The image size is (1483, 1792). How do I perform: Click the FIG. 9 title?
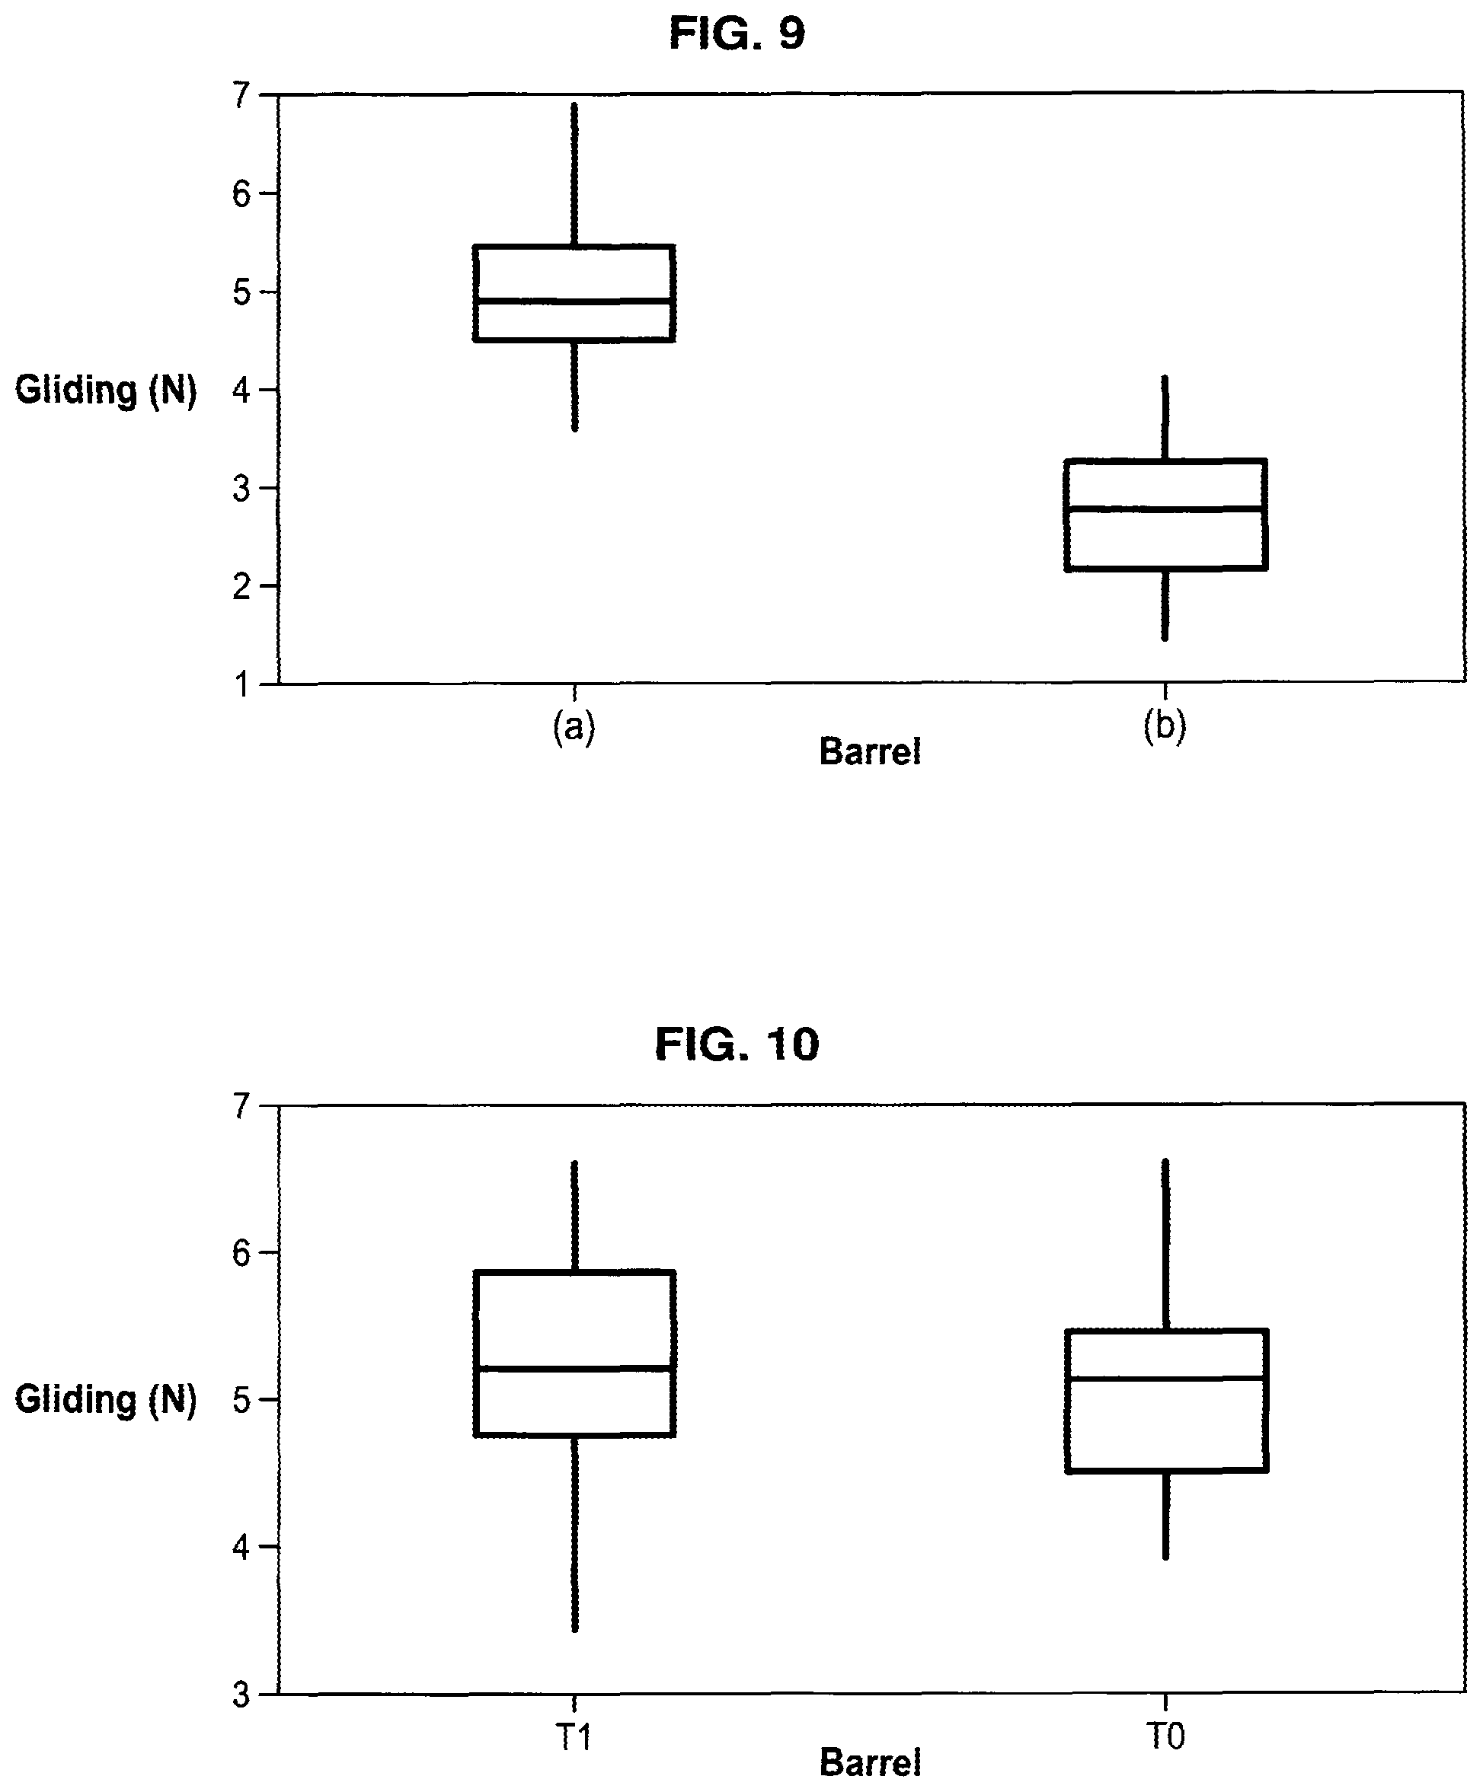click(x=737, y=34)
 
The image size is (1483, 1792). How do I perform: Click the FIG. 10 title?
click(x=737, y=1044)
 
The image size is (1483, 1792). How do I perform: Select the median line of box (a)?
click(x=574, y=301)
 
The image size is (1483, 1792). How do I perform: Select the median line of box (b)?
click(x=1165, y=509)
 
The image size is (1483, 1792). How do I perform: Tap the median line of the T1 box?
click(x=574, y=1368)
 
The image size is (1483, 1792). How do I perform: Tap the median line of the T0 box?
click(x=1165, y=1377)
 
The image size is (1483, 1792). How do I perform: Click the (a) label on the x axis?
click(x=574, y=728)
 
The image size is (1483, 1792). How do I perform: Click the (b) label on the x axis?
click(x=1165, y=726)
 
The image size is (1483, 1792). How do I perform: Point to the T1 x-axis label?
click(x=574, y=1736)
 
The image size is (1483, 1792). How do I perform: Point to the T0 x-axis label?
click(x=1165, y=1736)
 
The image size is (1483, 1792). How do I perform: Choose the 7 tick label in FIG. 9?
click(x=241, y=94)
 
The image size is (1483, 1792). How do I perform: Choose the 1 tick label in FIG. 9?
click(x=242, y=684)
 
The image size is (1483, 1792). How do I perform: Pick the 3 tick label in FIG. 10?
click(x=241, y=1694)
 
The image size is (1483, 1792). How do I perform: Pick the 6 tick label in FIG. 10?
click(x=241, y=1253)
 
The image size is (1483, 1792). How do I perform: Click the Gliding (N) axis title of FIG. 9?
click(x=106, y=391)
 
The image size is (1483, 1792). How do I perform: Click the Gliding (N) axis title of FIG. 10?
click(x=106, y=1399)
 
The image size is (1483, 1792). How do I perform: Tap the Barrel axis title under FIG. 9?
click(x=870, y=752)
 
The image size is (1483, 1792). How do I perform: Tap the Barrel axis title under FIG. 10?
click(x=870, y=1762)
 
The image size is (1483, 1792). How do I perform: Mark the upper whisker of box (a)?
click(x=574, y=175)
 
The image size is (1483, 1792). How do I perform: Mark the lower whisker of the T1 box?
click(x=574, y=1533)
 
